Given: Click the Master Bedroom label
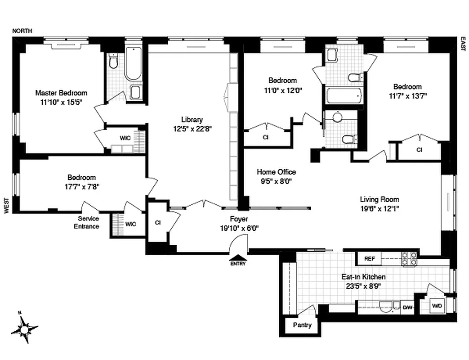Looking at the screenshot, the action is [62, 93].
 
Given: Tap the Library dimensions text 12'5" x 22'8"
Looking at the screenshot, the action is [192, 128].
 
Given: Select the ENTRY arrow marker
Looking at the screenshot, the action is [238, 259].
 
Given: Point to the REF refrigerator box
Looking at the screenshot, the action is [369, 259].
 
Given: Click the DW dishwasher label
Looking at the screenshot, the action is [407, 307].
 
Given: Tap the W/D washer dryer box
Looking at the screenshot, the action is [437, 306].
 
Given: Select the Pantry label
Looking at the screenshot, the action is [302, 325].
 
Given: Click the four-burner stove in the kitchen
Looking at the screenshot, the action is [410, 258].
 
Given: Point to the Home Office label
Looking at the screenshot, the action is [276, 172].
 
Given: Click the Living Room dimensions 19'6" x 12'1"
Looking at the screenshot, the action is [379, 208].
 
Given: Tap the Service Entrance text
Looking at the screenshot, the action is [86, 222].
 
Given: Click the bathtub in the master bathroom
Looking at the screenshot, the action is [133, 65].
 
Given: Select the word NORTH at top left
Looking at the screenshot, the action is [22, 31].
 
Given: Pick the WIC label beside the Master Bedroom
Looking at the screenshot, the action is [125, 138].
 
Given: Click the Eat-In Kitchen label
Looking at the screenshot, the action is [363, 277].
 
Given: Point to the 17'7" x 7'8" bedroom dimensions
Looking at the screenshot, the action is [81, 186].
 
